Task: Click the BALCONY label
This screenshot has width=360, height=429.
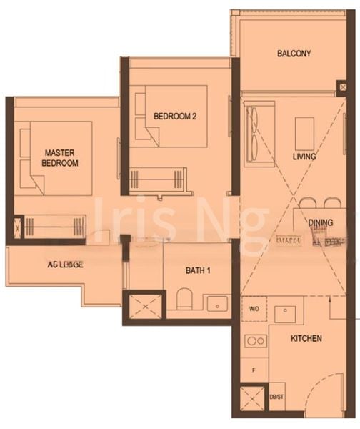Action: click(x=294, y=54)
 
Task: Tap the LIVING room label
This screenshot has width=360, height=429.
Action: click(x=304, y=156)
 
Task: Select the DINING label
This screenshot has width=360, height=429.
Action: click(x=321, y=223)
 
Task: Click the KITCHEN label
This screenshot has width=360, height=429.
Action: click(x=306, y=337)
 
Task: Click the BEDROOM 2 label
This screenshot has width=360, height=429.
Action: click(x=175, y=117)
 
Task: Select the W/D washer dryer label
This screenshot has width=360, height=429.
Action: click(x=254, y=310)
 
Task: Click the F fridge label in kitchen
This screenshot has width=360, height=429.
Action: click(x=254, y=369)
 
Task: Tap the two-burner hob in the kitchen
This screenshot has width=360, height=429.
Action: click(x=255, y=340)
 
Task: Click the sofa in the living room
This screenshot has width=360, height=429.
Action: click(x=256, y=133)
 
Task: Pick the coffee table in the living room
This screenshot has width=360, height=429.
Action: click(x=305, y=133)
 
